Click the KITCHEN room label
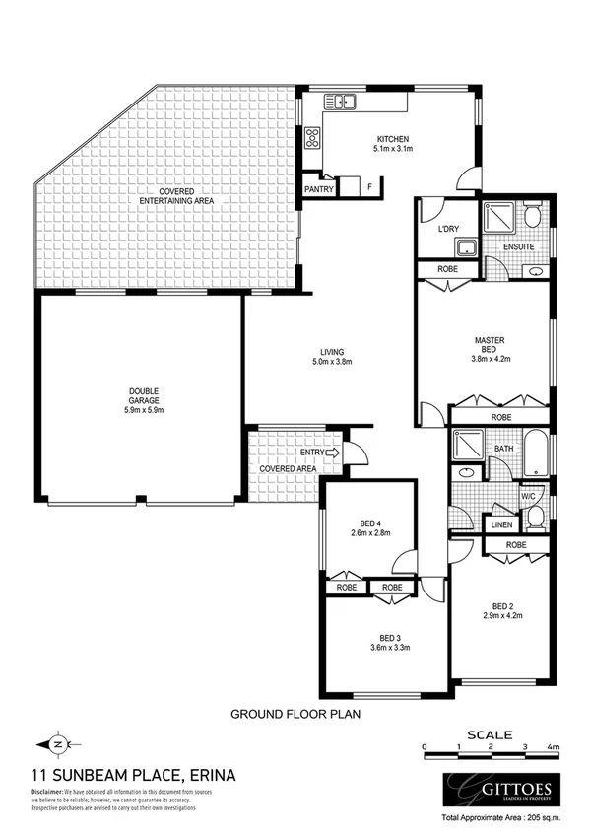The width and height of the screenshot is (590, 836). click(391, 139)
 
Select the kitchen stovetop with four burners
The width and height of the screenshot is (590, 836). click(314, 137)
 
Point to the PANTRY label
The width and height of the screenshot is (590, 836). click(321, 188)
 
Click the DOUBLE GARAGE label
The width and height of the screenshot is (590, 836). click(143, 391)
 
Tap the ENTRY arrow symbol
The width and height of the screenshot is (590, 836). click(331, 453)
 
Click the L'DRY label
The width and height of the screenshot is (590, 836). click(448, 230)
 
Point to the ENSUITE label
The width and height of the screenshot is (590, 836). click(518, 246)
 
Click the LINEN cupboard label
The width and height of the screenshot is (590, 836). click(500, 525)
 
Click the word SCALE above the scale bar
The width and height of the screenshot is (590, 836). click(489, 733)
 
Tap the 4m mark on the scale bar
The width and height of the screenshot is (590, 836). click(554, 748)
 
